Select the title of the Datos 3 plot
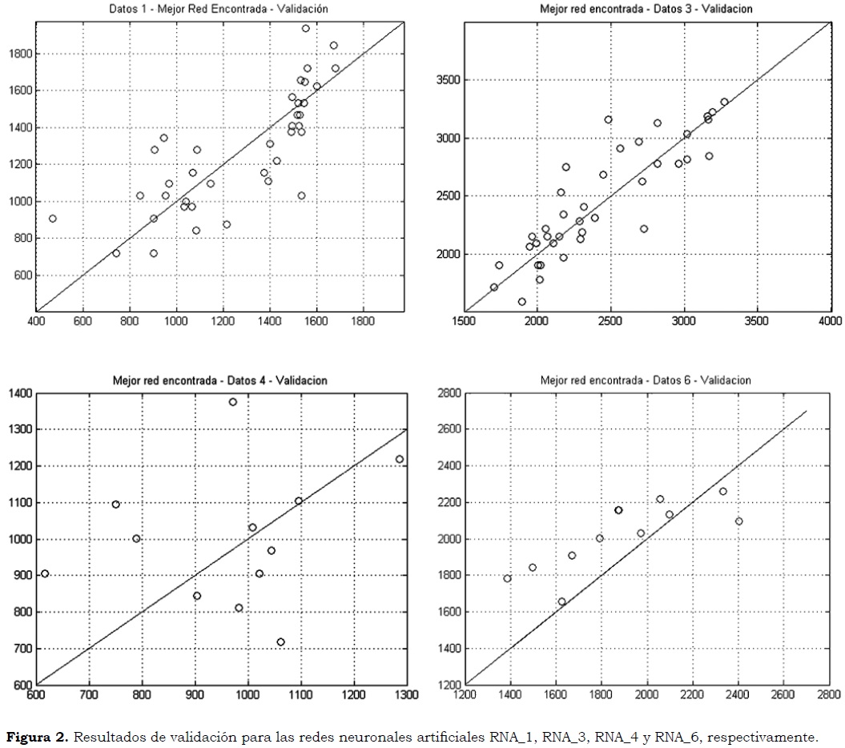(645, 9)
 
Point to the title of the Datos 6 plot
(645, 380)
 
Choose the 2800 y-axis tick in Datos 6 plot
(445, 393)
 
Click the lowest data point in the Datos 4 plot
(280, 642)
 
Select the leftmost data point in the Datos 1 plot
(53, 219)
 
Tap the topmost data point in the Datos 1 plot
(305, 28)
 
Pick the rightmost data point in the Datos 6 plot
(738, 521)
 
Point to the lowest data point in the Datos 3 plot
(522, 302)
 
